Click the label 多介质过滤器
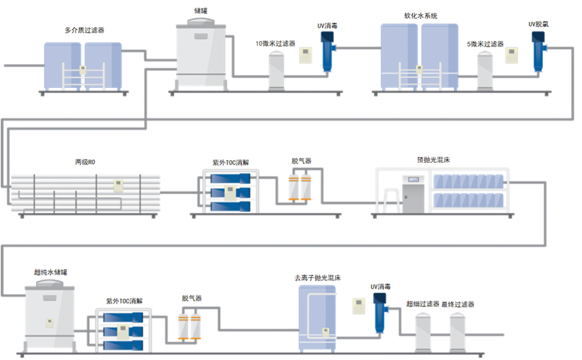click(85, 30)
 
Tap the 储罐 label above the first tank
click(201, 10)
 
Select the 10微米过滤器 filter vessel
click(277, 70)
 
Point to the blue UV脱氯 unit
click(538, 51)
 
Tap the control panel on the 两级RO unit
click(118, 185)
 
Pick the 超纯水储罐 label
click(50, 273)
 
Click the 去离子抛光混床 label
click(318, 277)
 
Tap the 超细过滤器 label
click(423, 304)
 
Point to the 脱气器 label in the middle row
click(302, 160)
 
